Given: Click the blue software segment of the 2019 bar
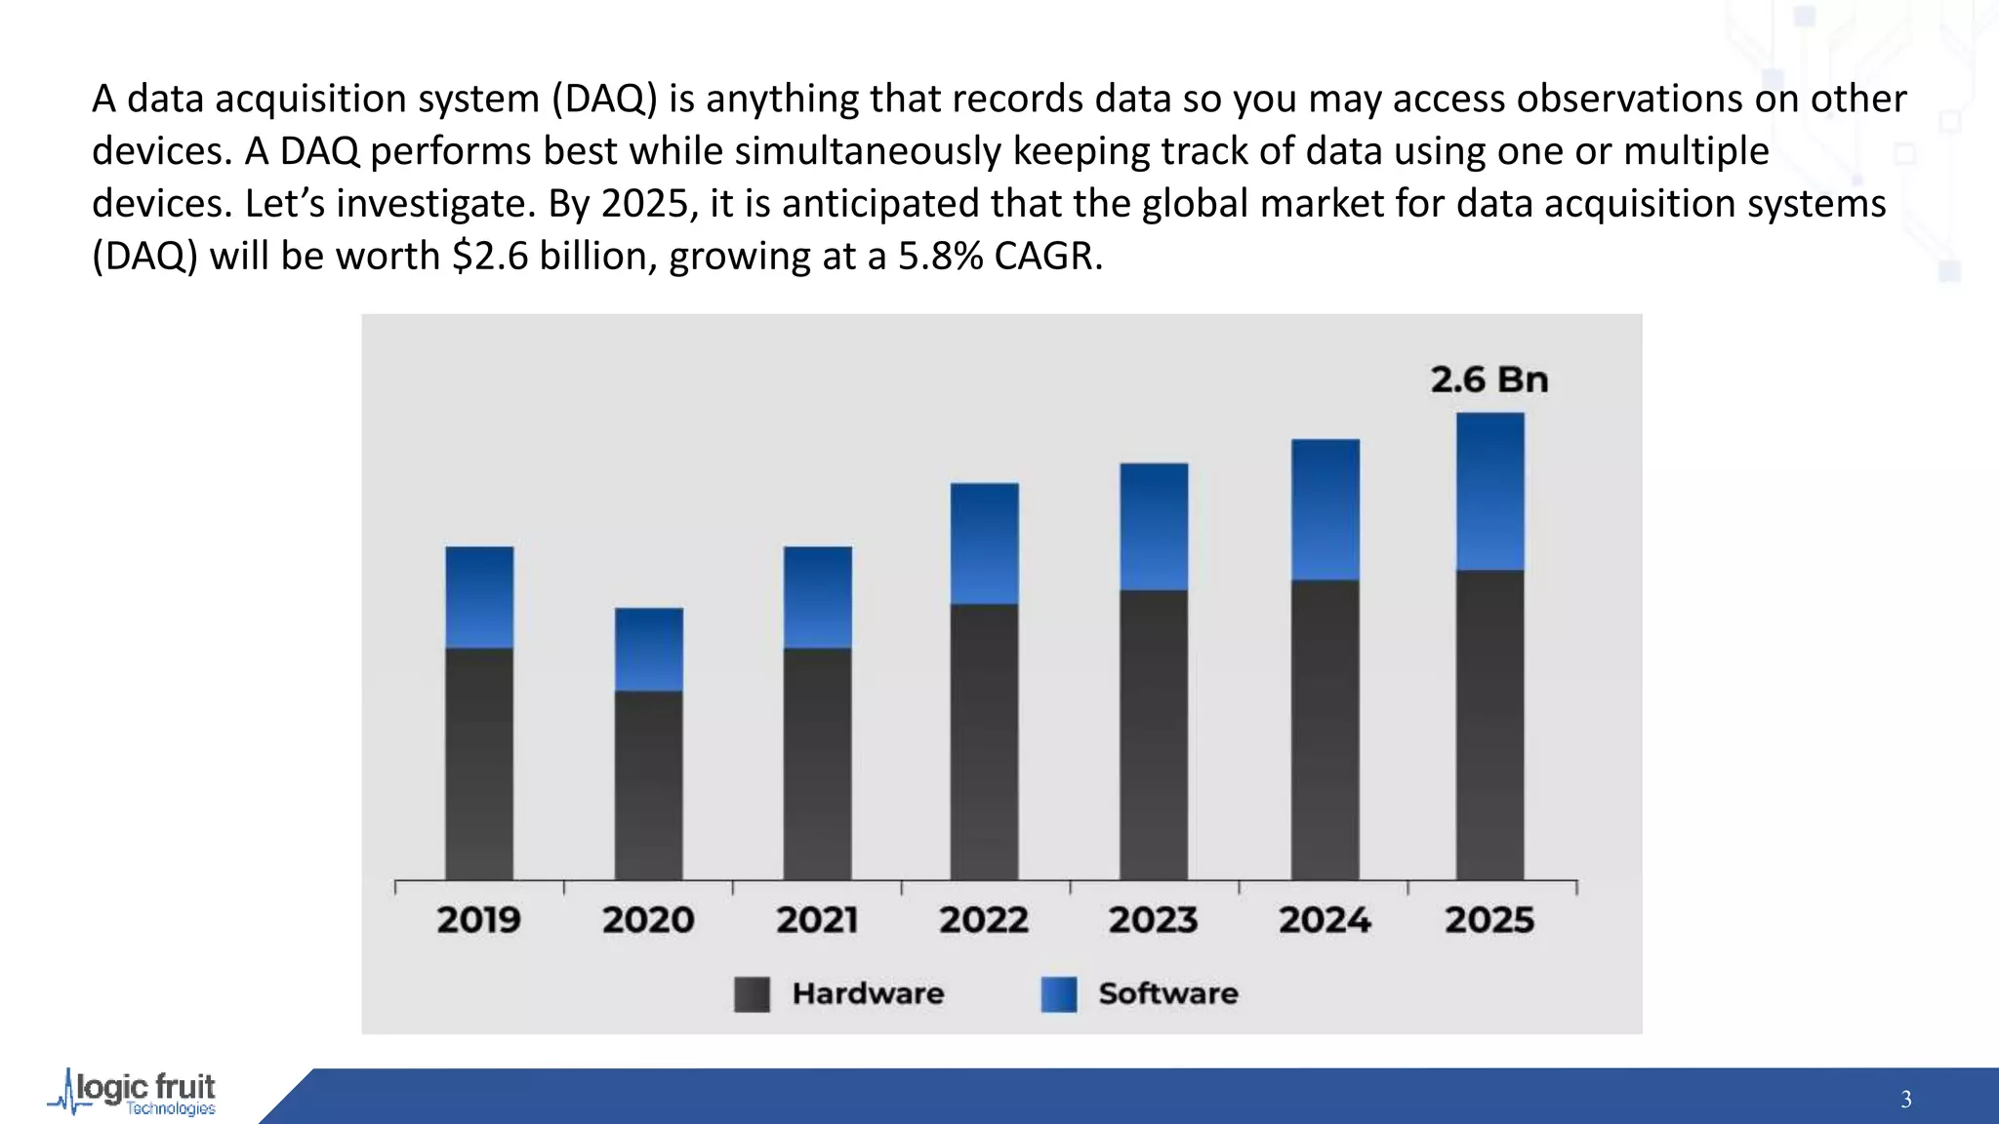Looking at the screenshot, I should [479, 597].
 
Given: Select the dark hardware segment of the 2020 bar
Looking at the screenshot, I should [648, 785].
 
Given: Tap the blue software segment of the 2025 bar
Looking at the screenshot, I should [1489, 491].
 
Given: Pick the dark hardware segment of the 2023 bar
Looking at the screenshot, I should [1154, 735].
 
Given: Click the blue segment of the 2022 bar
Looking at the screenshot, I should [984, 543].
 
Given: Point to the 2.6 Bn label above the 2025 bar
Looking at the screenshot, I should [1489, 380].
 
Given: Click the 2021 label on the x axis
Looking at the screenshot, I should [816, 920].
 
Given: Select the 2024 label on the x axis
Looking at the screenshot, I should [1324, 920].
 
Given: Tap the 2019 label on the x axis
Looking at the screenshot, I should [478, 920].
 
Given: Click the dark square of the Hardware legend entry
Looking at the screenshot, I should [752, 994].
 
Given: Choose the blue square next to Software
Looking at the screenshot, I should [1058, 994].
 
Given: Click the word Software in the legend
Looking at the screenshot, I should [1167, 994].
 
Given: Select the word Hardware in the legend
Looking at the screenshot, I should [868, 994].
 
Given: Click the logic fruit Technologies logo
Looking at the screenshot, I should [134, 1093].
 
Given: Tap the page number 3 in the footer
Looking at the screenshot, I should [1905, 1100].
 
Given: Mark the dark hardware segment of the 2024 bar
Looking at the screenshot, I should [1325, 730].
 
